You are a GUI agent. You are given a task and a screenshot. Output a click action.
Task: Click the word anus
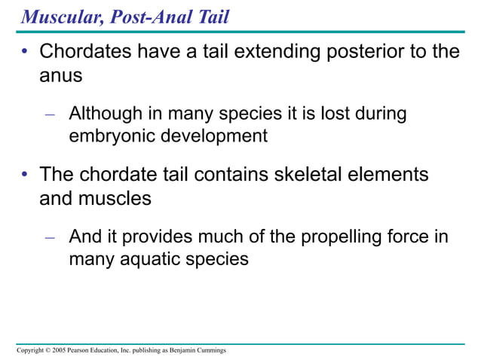click(x=60, y=76)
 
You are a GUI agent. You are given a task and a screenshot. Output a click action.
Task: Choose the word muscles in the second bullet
click(x=116, y=198)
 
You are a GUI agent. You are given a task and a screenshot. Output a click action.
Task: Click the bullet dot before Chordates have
click(x=25, y=53)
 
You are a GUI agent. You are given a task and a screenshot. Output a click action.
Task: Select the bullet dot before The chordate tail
click(x=25, y=175)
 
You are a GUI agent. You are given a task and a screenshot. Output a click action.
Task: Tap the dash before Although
click(x=51, y=114)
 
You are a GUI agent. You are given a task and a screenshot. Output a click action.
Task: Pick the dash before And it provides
click(x=51, y=237)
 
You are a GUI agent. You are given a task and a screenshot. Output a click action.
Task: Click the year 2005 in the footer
click(x=57, y=351)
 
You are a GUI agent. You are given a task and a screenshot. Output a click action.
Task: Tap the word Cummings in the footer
click(x=209, y=351)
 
